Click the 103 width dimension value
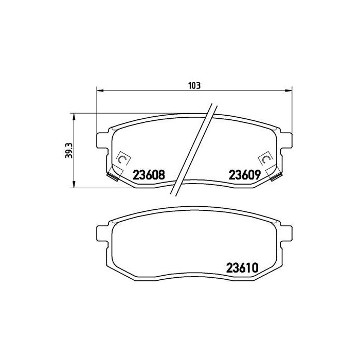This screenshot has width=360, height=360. [x=194, y=86]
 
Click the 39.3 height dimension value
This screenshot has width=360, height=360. [x=68, y=150]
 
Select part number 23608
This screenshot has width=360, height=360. [x=149, y=175]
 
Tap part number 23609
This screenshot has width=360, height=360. [x=244, y=175]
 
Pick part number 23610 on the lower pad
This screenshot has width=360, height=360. [x=242, y=268]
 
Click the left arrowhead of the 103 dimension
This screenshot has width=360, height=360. [x=100, y=91]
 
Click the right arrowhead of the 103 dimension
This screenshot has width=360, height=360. [x=289, y=91]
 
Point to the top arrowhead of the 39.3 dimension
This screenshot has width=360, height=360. [x=74, y=117]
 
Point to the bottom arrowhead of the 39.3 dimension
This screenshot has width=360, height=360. [x=74, y=184]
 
